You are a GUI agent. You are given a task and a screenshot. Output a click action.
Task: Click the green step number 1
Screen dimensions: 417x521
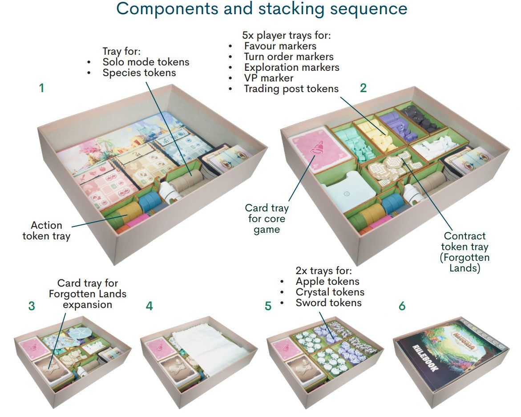pyautogui.click(x=42, y=88)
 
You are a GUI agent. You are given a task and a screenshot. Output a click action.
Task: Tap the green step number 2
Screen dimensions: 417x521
pyautogui.click(x=363, y=88)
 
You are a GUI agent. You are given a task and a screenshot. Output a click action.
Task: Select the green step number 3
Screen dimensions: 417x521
pyautogui.click(x=32, y=306)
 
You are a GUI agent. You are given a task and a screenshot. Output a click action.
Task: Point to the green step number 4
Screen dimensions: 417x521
pyautogui.click(x=149, y=306)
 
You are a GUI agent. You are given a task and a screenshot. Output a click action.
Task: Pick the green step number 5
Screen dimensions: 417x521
pyautogui.click(x=268, y=306)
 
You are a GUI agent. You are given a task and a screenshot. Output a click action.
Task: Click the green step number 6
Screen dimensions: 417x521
pyautogui.click(x=402, y=306)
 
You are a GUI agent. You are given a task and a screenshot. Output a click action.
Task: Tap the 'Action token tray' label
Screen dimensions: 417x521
pyautogui.click(x=46, y=231)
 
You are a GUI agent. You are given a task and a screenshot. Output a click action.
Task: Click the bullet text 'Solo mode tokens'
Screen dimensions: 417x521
pyautogui.click(x=145, y=62)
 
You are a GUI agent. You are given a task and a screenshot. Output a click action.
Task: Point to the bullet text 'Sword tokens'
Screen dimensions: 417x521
pyautogui.click(x=328, y=303)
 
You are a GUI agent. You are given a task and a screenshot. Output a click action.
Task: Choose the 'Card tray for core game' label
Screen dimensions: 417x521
pyautogui.click(x=267, y=219)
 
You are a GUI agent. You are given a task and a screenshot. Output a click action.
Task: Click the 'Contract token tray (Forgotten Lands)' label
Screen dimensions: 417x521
pyautogui.click(x=464, y=252)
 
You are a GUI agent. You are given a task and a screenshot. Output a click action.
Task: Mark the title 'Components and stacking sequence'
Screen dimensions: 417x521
pyautogui.click(x=262, y=8)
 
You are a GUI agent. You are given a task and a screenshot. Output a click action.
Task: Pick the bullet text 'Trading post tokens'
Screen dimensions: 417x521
pyautogui.click(x=291, y=89)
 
